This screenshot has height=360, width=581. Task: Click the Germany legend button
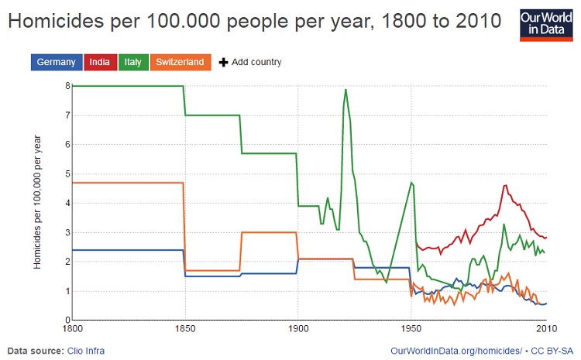coord(55,62)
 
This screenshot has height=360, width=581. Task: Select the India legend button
coord(99,62)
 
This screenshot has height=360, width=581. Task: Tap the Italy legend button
coord(132,62)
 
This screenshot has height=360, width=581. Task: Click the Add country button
coord(250,62)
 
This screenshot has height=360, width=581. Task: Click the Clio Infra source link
coord(86,351)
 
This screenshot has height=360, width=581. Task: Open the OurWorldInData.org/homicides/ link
coord(458,351)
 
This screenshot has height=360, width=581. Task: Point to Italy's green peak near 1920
coord(346,90)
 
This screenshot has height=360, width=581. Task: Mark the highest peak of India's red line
coord(505,185)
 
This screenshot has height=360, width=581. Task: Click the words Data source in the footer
coord(34,351)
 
